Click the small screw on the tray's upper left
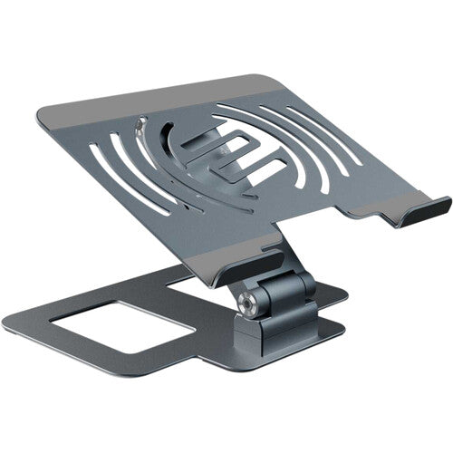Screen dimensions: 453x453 [x=142, y=120]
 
